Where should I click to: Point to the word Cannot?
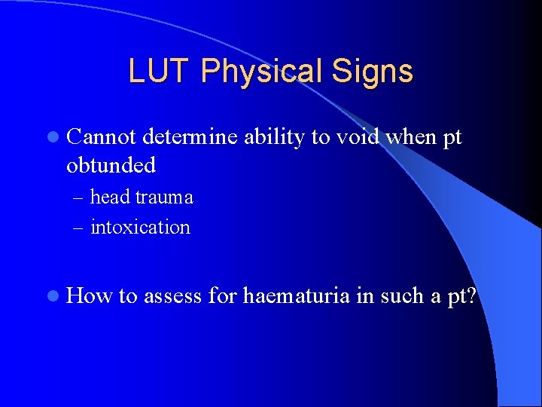click(101, 138)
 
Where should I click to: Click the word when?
click(411, 138)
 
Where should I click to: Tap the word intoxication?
click(140, 227)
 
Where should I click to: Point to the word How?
click(90, 296)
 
